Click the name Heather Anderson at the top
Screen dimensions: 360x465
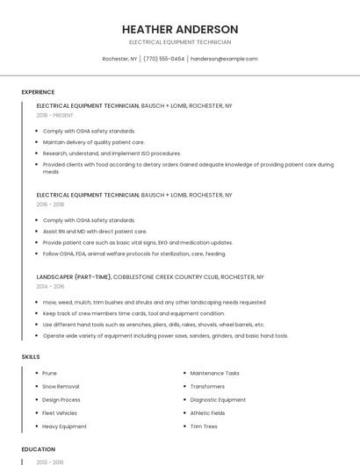pos(180,29)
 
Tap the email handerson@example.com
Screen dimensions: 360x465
pos(224,59)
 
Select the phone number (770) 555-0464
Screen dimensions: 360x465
pos(164,59)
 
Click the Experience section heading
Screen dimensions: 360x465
pos(38,92)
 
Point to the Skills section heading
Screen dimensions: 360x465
pos(31,357)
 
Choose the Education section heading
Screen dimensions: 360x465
pos(38,449)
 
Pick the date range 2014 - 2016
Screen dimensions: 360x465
pos(51,286)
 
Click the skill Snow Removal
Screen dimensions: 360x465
pos(61,386)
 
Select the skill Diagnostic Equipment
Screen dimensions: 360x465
pos(218,399)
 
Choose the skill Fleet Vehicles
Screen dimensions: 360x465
pos(60,412)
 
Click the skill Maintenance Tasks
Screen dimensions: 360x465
pos(214,373)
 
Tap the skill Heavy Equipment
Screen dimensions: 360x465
pos(64,426)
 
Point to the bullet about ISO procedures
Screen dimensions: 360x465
pos(112,153)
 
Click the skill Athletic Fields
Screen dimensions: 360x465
pos(208,412)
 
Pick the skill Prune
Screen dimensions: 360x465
pos(49,373)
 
